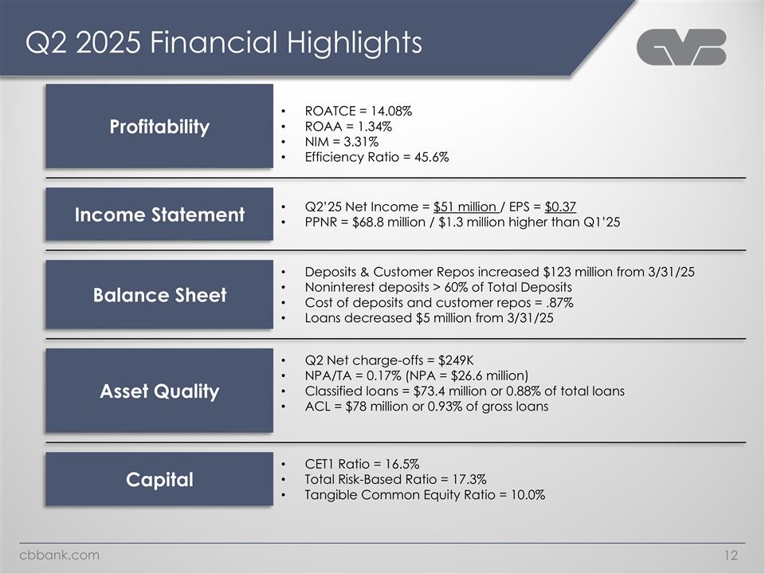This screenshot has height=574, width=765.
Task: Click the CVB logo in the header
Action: [x=681, y=48]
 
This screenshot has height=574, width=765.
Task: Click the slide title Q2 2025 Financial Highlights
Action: [x=223, y=42]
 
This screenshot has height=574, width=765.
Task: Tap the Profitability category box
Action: [x=159, y=127]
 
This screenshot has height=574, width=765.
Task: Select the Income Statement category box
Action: [x=159, y=214]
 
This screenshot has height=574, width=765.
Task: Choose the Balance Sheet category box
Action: [x=159, y=295]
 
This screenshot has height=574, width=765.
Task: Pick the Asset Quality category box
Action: [x=159, y=391]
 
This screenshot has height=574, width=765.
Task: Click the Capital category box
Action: [x=159, y=479]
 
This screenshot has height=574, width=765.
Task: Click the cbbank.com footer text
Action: [x=60, y=555]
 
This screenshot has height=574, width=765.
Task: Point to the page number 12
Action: [x=732, y=556]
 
